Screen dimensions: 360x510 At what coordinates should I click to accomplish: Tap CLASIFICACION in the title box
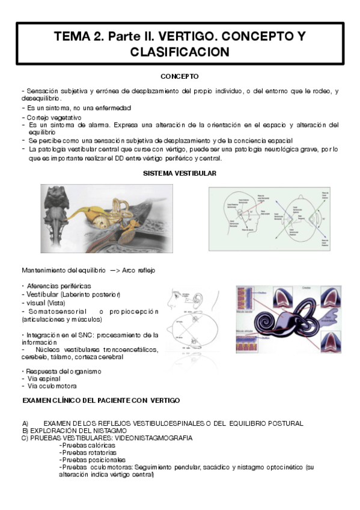(180, 52)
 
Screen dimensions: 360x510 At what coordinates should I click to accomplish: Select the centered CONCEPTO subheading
(180, 76)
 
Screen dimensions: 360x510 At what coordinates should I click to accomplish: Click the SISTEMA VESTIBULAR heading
(180, 173)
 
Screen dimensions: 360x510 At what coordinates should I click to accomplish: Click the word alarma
(96, 124)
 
